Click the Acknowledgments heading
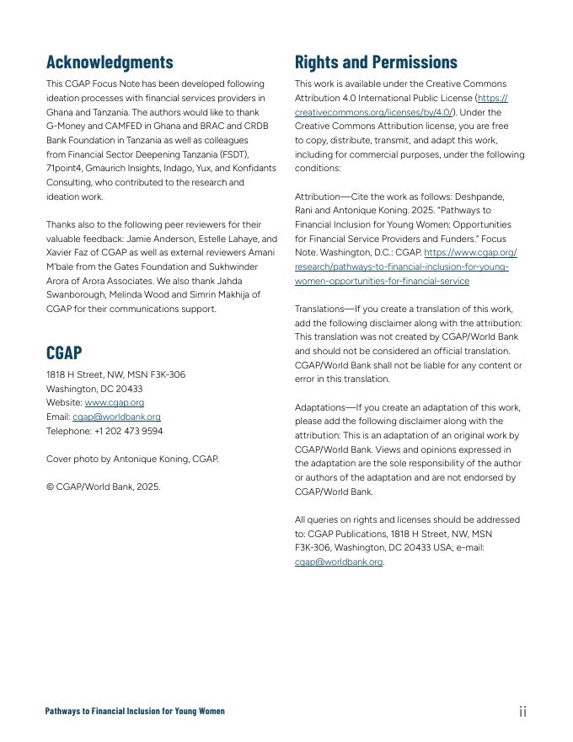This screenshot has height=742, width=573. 110,62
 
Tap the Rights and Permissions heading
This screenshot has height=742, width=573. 376,62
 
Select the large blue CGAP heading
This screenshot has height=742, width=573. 64,352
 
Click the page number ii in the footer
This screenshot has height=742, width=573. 522,712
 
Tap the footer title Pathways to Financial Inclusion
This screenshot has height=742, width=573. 135,712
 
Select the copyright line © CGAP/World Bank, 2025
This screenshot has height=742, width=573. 103,487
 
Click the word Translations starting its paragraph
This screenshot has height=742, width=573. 320,309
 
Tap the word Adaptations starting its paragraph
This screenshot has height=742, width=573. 320,407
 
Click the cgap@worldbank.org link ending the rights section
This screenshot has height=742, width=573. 338,562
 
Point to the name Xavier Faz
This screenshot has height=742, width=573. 69,253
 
